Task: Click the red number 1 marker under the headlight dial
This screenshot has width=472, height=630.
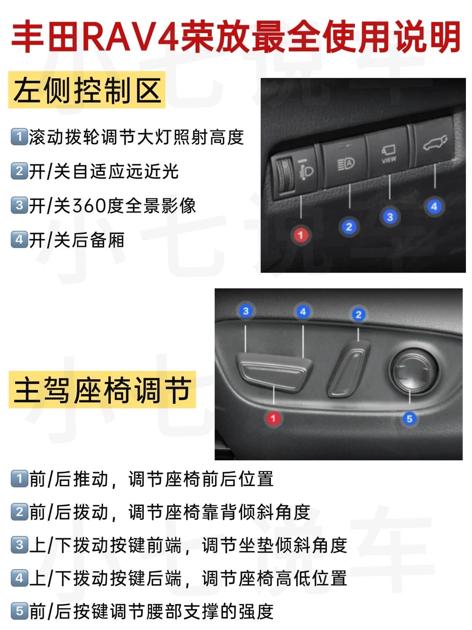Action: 301,235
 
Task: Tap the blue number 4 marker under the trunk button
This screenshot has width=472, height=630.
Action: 434,206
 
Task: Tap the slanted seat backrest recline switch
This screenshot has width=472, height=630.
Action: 348,369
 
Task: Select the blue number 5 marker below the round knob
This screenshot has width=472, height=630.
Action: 410,419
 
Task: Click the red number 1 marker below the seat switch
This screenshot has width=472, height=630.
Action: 273,418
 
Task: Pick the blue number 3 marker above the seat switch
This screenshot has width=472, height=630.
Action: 246,311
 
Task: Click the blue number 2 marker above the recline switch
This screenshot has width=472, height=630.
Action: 358,315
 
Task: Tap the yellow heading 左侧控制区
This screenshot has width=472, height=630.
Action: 87,90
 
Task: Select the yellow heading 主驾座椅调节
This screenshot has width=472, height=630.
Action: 102,390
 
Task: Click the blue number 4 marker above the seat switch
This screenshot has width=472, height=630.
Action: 303,311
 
